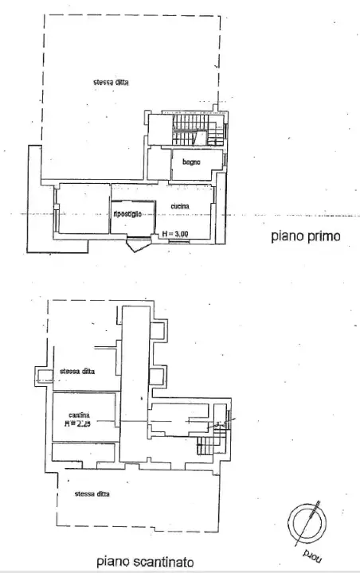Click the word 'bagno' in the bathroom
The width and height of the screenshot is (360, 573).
pos(190,162)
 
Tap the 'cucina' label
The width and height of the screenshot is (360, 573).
pos(178,207)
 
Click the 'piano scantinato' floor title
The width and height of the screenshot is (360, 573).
pos(144,561)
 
